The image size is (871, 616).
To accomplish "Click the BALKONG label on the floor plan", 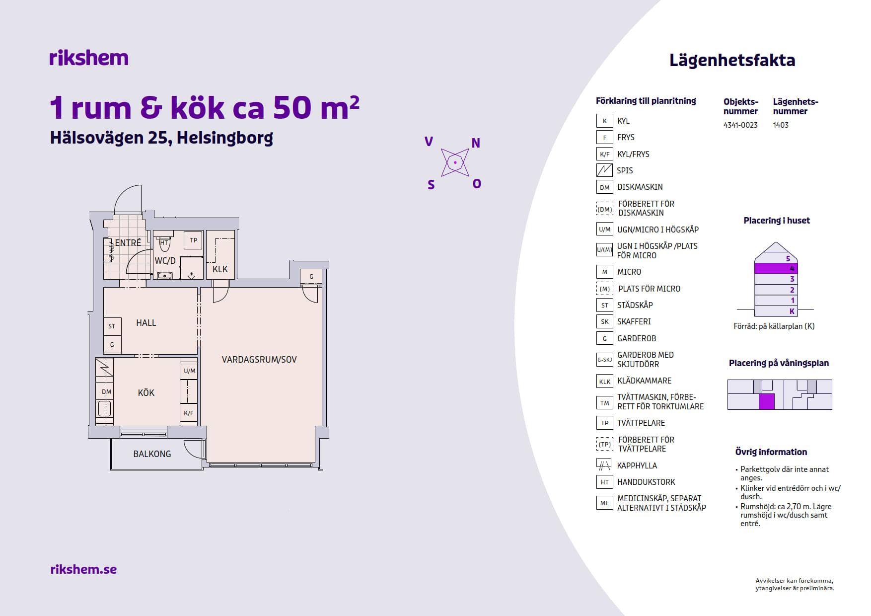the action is pos(152,454).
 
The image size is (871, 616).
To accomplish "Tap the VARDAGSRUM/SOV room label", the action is pos(259,360).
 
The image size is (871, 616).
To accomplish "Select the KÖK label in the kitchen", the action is pos(146,393).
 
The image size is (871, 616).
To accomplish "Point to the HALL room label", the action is pos(146,323).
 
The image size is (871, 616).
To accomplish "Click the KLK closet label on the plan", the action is pos(220,269).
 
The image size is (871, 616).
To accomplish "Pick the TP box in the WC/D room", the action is pos(194,240).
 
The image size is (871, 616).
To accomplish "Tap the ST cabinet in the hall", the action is pos(112,326).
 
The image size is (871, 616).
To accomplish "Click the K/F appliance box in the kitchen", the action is pos(189,413).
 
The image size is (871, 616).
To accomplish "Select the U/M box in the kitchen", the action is pos(189,371).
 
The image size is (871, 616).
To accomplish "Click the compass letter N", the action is pos(476,143).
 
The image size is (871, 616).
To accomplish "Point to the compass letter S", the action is pos(431,185).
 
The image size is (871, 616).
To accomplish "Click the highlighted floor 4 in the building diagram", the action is pos(776,268).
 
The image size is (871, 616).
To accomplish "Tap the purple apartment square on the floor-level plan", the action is pos(767,401).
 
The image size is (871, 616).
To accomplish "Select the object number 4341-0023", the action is pos(740,125).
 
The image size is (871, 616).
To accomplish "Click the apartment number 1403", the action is pos(781,125).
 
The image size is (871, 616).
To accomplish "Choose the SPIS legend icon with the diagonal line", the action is pos(604,170).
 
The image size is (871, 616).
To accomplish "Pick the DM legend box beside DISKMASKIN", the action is pos(604,187).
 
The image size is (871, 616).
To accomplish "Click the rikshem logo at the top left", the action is pos(89,58).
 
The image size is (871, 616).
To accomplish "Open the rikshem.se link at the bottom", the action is pos(83,569).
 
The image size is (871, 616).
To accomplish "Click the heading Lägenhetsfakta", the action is pos(732,60).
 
